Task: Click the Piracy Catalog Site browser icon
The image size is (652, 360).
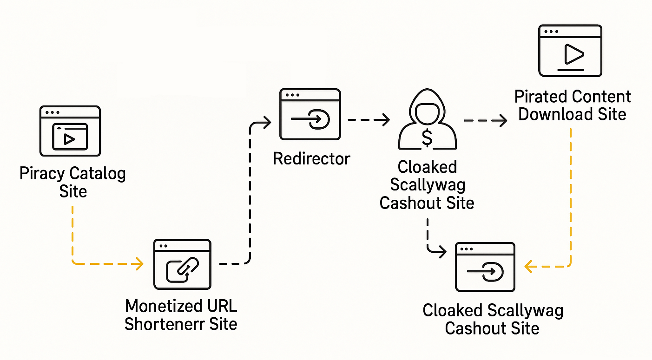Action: click(x=70, y=131)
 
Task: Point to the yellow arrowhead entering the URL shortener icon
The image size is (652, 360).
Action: click(x=138, y=264)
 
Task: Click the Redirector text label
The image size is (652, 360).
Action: click(x=311, y=159)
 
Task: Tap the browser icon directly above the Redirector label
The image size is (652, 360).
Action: click(x=310, y=115)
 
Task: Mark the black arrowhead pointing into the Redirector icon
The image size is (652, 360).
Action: click(x=267, y=123)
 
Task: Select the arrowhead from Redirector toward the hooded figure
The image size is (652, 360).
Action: click(x=385, y=120)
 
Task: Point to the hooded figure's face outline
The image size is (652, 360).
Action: click(x=427, y=113)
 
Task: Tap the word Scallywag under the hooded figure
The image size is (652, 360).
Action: click(x=427, y=185)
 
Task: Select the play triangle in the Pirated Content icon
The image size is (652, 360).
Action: click(x=573, y=54)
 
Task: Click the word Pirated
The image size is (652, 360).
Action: click(x=541, y=97)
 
